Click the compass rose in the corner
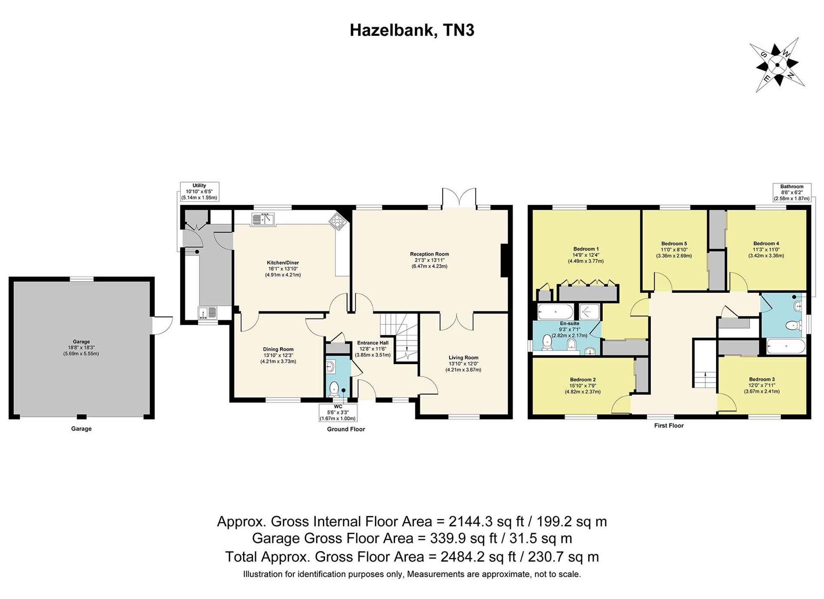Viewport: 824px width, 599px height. pyautogui.click(x=777, y=65)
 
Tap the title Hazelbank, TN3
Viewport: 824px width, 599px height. pyautogui.click(x=412, y=30)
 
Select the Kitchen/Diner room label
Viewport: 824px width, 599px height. pyautogui.click(x=283, y=263)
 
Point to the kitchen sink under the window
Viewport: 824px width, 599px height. pyautogui.click(x=262, y=219)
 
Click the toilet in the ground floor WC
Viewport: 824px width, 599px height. pyautogui.click(x=334, y=389)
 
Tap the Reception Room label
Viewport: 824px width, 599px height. pyautogui.click(x=429, y=254)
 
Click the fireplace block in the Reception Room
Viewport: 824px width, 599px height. pyautogui.click(x=504, y=260)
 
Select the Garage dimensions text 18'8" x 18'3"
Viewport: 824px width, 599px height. pyautogui.click(x=81, y=348)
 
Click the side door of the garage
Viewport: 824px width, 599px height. pyautogui.click(x=162, y=325)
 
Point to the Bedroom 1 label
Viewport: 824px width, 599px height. pyautogui.click(x=586, y=249)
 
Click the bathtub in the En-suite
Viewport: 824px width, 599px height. pyautogui.click(x=555, y=312)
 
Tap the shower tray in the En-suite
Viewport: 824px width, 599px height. pyautogui.click(x=589, y=312)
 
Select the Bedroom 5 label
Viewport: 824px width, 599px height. pyautogui.click(x=674, y=243)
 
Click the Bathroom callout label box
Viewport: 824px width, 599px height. pyautogui.click(x=791, y=192)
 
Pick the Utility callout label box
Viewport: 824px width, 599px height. pyautogui.click(x=199, y=192)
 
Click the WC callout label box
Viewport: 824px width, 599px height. pyautogui.click(x=337, y=412)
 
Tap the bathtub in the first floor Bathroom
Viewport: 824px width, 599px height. pyautogui.click(x=786, y=346)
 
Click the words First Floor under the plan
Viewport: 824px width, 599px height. pyautogui.click(x=669, y=426)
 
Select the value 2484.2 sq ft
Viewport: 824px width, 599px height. pyautogui.click(x=478, y=557)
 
